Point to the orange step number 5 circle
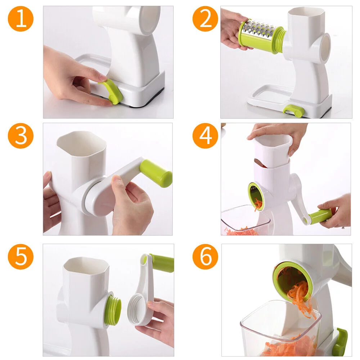pos(21,257)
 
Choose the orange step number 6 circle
pos(205,257)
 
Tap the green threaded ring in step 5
pos(113,310)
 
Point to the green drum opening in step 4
pos(255,196)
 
